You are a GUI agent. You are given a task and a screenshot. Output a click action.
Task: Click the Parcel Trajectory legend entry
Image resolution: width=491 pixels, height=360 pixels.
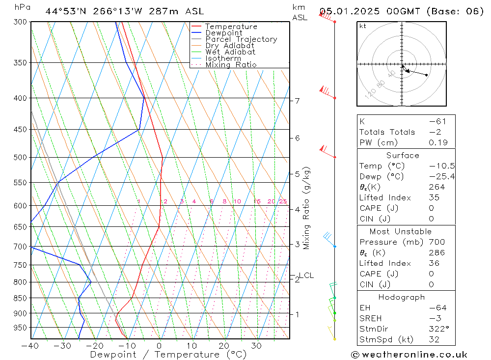tap(241, 39)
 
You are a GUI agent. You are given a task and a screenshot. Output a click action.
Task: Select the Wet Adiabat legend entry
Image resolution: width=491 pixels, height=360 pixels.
tap(230, 52)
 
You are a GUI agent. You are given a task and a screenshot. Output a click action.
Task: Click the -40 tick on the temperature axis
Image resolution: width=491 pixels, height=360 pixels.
tap(30, 346)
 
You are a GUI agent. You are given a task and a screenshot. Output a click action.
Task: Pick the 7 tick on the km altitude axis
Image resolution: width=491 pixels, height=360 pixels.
tap(297, 101)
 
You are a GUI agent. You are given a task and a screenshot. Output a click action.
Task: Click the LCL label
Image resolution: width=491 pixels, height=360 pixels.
tap(306, 276)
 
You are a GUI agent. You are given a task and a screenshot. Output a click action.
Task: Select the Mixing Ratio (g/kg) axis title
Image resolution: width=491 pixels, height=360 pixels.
tap(307, 208)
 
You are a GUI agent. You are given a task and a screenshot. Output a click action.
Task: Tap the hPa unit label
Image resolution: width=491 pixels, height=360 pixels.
tap(22, 7)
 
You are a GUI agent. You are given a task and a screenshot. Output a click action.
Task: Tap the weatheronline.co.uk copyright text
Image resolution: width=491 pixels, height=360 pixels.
tap(409, 355)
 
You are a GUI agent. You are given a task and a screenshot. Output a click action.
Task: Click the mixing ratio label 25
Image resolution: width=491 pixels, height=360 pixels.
tap(283, 201)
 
